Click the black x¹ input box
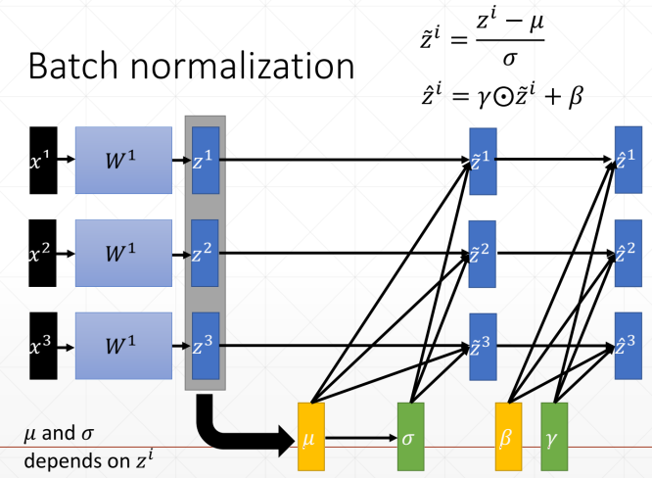click(43, 160)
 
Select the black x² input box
click(43, 253)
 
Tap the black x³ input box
click(43, 345)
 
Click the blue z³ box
click(206, 345)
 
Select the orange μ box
click(311, 435)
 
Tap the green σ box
click(411, 435)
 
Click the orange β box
click(508, 435)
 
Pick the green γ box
click(554, 435)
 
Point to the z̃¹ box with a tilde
click(483, 162)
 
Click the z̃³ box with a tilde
click(483, 346)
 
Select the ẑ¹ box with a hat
click(628, 159)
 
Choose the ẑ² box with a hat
click(628, 253)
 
